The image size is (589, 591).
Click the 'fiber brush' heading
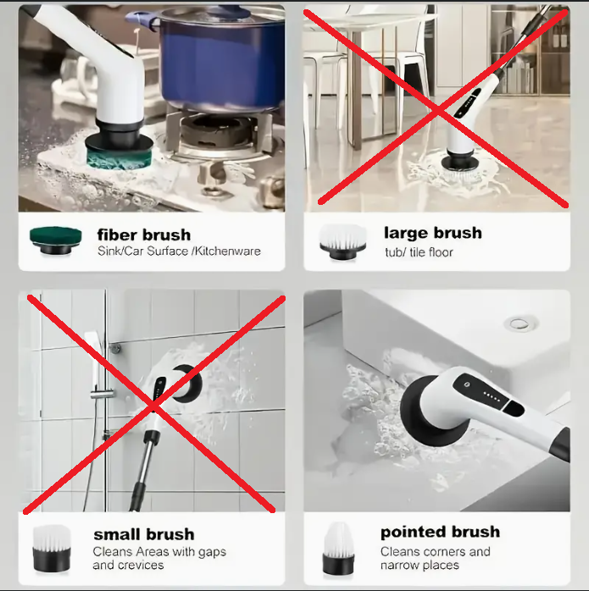tap(144, 235)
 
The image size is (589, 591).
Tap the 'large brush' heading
tap(433, 233)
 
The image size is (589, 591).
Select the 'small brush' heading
tap(144, 534)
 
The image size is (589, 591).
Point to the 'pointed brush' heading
tap(440, 533)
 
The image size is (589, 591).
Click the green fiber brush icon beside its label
tap(55, 240)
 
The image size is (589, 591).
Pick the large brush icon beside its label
tap(342, 241)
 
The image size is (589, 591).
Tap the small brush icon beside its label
tap(52, 549)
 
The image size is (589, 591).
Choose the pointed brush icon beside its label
tap(338, 549)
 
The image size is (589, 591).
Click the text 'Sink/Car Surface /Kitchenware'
tap(179, 251)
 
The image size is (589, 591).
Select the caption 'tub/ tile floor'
tap(419, 252)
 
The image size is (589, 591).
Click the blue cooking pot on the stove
tap(215, 57)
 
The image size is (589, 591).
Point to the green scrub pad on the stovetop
tap(119, 158)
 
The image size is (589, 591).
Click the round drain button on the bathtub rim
tap(520, 323)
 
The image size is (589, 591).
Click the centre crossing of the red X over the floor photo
tap(438, 110)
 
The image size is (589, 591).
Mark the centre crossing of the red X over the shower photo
tap(154, 406)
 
